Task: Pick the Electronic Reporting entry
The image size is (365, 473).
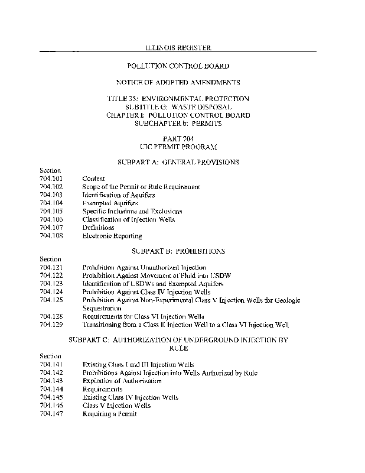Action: click(x=112, y=236)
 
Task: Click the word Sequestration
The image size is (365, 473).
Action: click(x=102, y=309)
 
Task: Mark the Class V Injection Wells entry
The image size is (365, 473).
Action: click(x=116, y=406)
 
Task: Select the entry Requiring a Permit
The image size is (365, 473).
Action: click(x=109, y=414)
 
